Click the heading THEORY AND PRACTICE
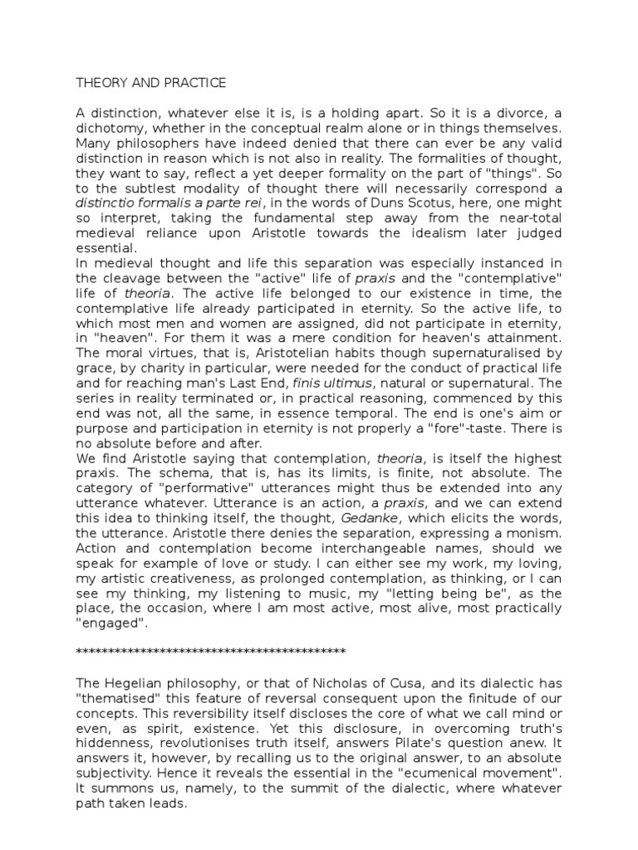[150, 83]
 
